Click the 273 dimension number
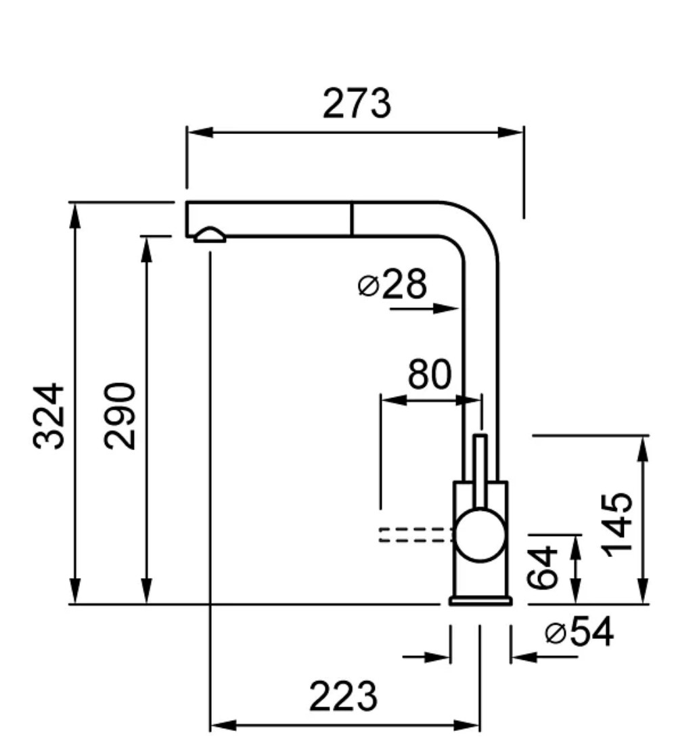point(357,104)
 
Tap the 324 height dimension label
point(50,416)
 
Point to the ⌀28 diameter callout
point(392,285)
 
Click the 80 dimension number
point(429,375)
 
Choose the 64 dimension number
point(543,568)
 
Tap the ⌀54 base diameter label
point(579,633)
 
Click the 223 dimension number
point(343,696)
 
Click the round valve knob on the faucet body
point(480,535)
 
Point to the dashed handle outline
point(415,534)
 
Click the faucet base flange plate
point(480,600)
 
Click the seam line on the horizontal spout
point(352,219)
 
